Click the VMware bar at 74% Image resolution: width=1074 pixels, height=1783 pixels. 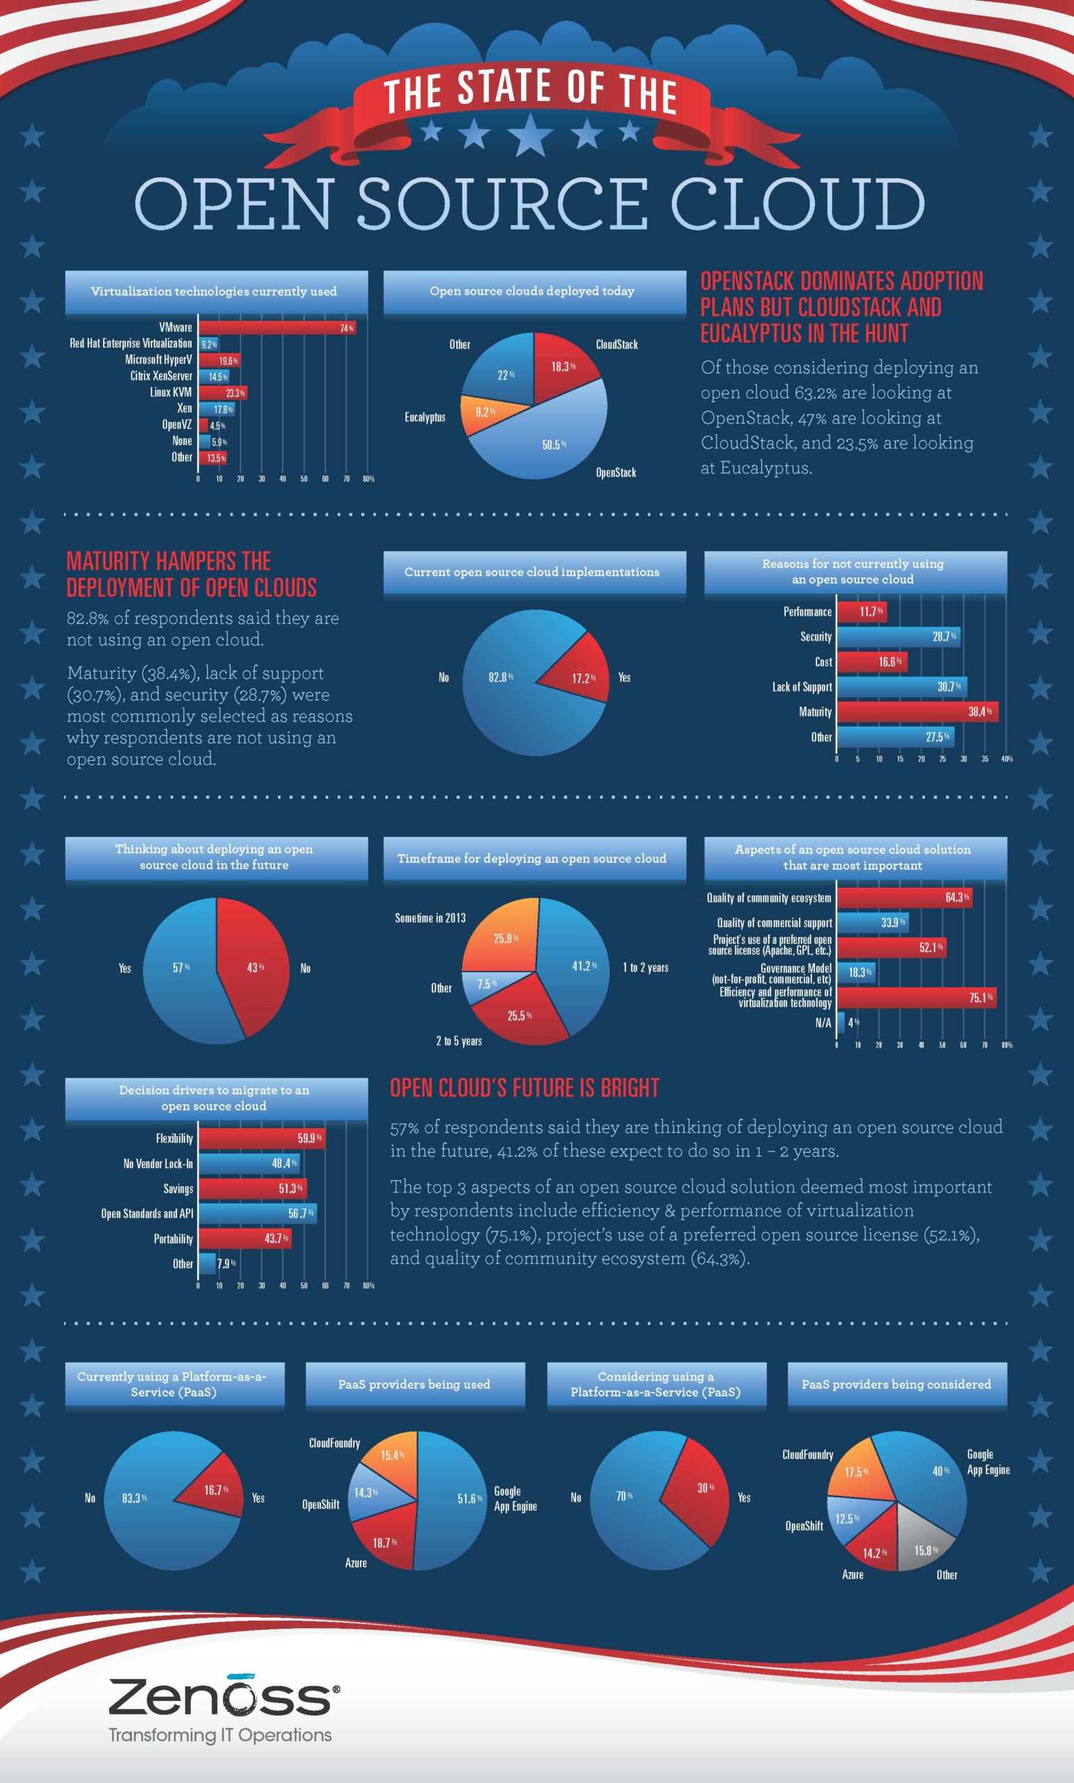tap(277, 328)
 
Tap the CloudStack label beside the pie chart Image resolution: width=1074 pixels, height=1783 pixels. tap(616, 345)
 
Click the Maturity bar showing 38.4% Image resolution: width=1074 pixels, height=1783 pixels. tap(917, 711)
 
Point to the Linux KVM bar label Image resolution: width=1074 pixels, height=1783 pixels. tap(171, 392)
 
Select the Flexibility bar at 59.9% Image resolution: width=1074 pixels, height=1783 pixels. tap(261, 1138)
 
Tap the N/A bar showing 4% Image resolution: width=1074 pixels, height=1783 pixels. tap(841, 1022)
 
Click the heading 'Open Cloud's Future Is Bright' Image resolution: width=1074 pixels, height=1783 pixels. tap(524, 1089)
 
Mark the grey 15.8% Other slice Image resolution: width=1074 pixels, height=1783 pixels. tap(926, 1550)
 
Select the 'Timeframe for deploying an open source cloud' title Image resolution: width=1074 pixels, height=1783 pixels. tap(532, 858)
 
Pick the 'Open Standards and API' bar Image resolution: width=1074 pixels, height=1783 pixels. tap(258, 1213)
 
